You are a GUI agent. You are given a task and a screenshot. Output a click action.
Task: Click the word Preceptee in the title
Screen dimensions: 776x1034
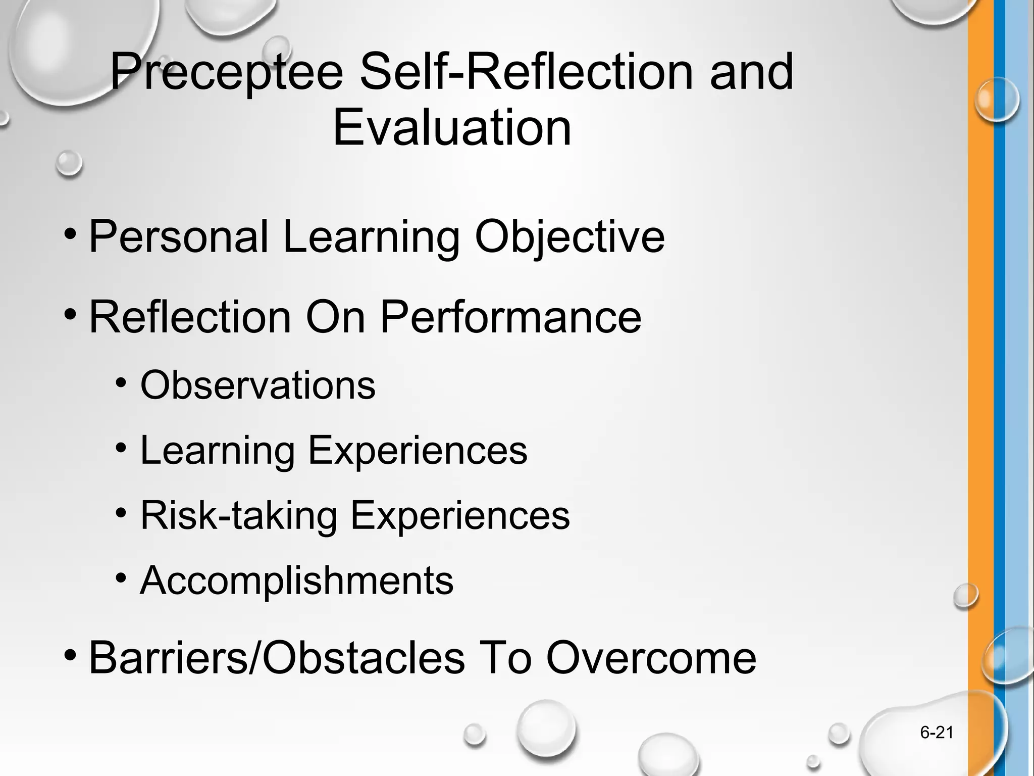226,73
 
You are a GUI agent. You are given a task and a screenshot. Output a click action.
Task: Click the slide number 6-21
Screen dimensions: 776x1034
937,733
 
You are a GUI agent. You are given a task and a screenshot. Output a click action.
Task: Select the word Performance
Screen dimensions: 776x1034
510,317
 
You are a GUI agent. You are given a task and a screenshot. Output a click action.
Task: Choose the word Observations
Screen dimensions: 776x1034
257,385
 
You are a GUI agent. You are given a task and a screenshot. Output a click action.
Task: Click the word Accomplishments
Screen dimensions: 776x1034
297,580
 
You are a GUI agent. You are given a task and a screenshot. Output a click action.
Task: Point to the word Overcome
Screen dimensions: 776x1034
651,657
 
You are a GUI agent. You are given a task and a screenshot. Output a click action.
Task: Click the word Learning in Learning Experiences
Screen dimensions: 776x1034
217,450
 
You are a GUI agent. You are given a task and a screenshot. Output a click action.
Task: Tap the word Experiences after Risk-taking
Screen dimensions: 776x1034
460,515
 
